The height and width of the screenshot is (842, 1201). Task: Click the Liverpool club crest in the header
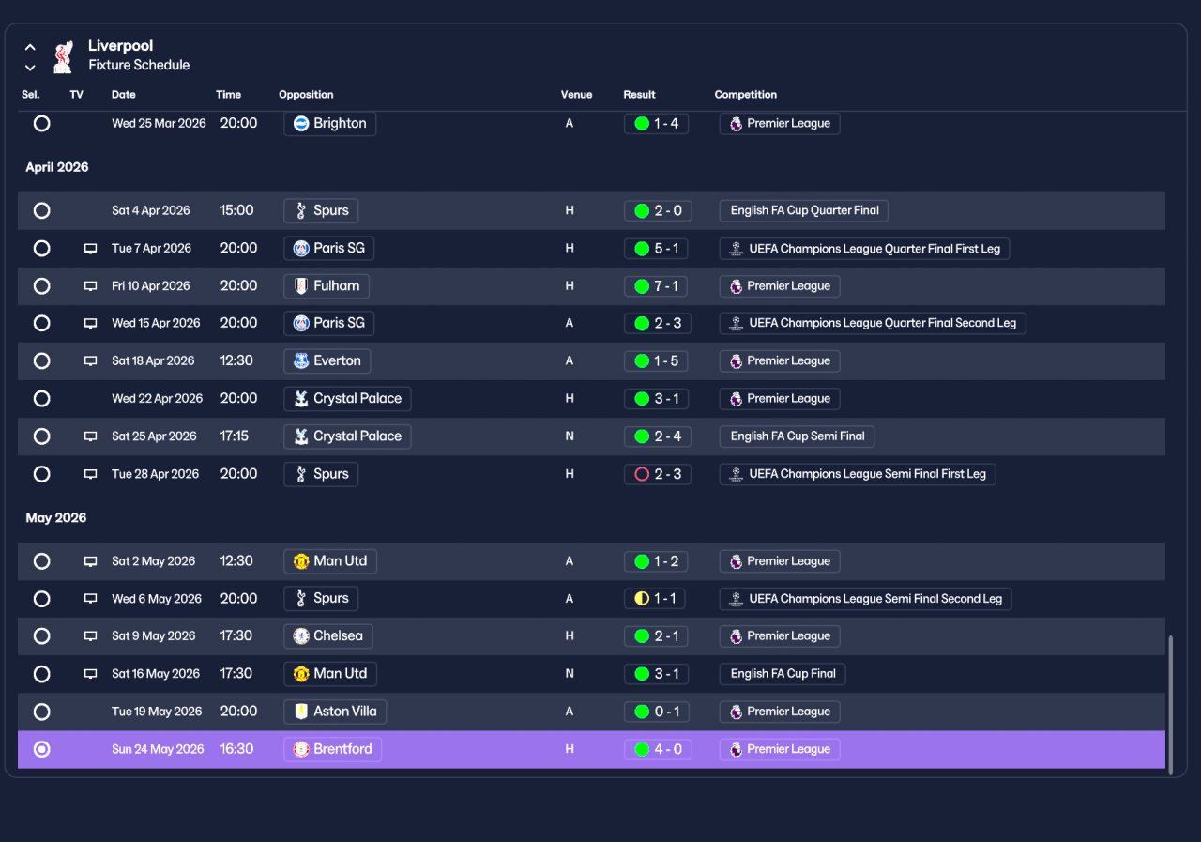[x=63, y=56]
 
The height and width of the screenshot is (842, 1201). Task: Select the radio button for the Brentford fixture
[x=42, y=749]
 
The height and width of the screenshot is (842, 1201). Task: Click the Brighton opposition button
[x=329, y=123]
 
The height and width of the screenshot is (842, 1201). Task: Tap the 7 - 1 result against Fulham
[x=656, y=286]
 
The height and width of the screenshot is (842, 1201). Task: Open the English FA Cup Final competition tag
[x=783, y=674]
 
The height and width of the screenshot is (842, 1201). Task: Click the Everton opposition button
[x=327, y=360]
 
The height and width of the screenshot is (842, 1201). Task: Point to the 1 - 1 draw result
[x=655, y=599]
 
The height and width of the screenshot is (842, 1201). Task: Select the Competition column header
[x=745, y=95]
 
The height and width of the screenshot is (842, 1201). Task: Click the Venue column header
[x=576, y=95]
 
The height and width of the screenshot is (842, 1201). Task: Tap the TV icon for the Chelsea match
[x=91, y=636]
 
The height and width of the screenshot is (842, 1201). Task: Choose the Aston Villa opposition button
[x=335, y=712]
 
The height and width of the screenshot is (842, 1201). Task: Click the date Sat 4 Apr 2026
[x=151, y=210]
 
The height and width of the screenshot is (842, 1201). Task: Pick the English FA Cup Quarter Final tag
[x=804, y=210]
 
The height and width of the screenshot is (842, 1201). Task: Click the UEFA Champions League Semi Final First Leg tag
[x=858, y=474]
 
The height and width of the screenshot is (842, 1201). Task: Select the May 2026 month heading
[x=55, y=517]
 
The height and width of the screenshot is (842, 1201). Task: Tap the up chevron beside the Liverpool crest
[x=31, y=47]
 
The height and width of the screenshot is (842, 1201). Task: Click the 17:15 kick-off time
[x=235, y=436]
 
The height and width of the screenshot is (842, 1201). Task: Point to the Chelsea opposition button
[x=328, y=636]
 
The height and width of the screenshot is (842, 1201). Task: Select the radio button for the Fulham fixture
[x=42, y=286]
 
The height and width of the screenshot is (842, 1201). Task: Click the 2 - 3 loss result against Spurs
[x=658, y=474]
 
